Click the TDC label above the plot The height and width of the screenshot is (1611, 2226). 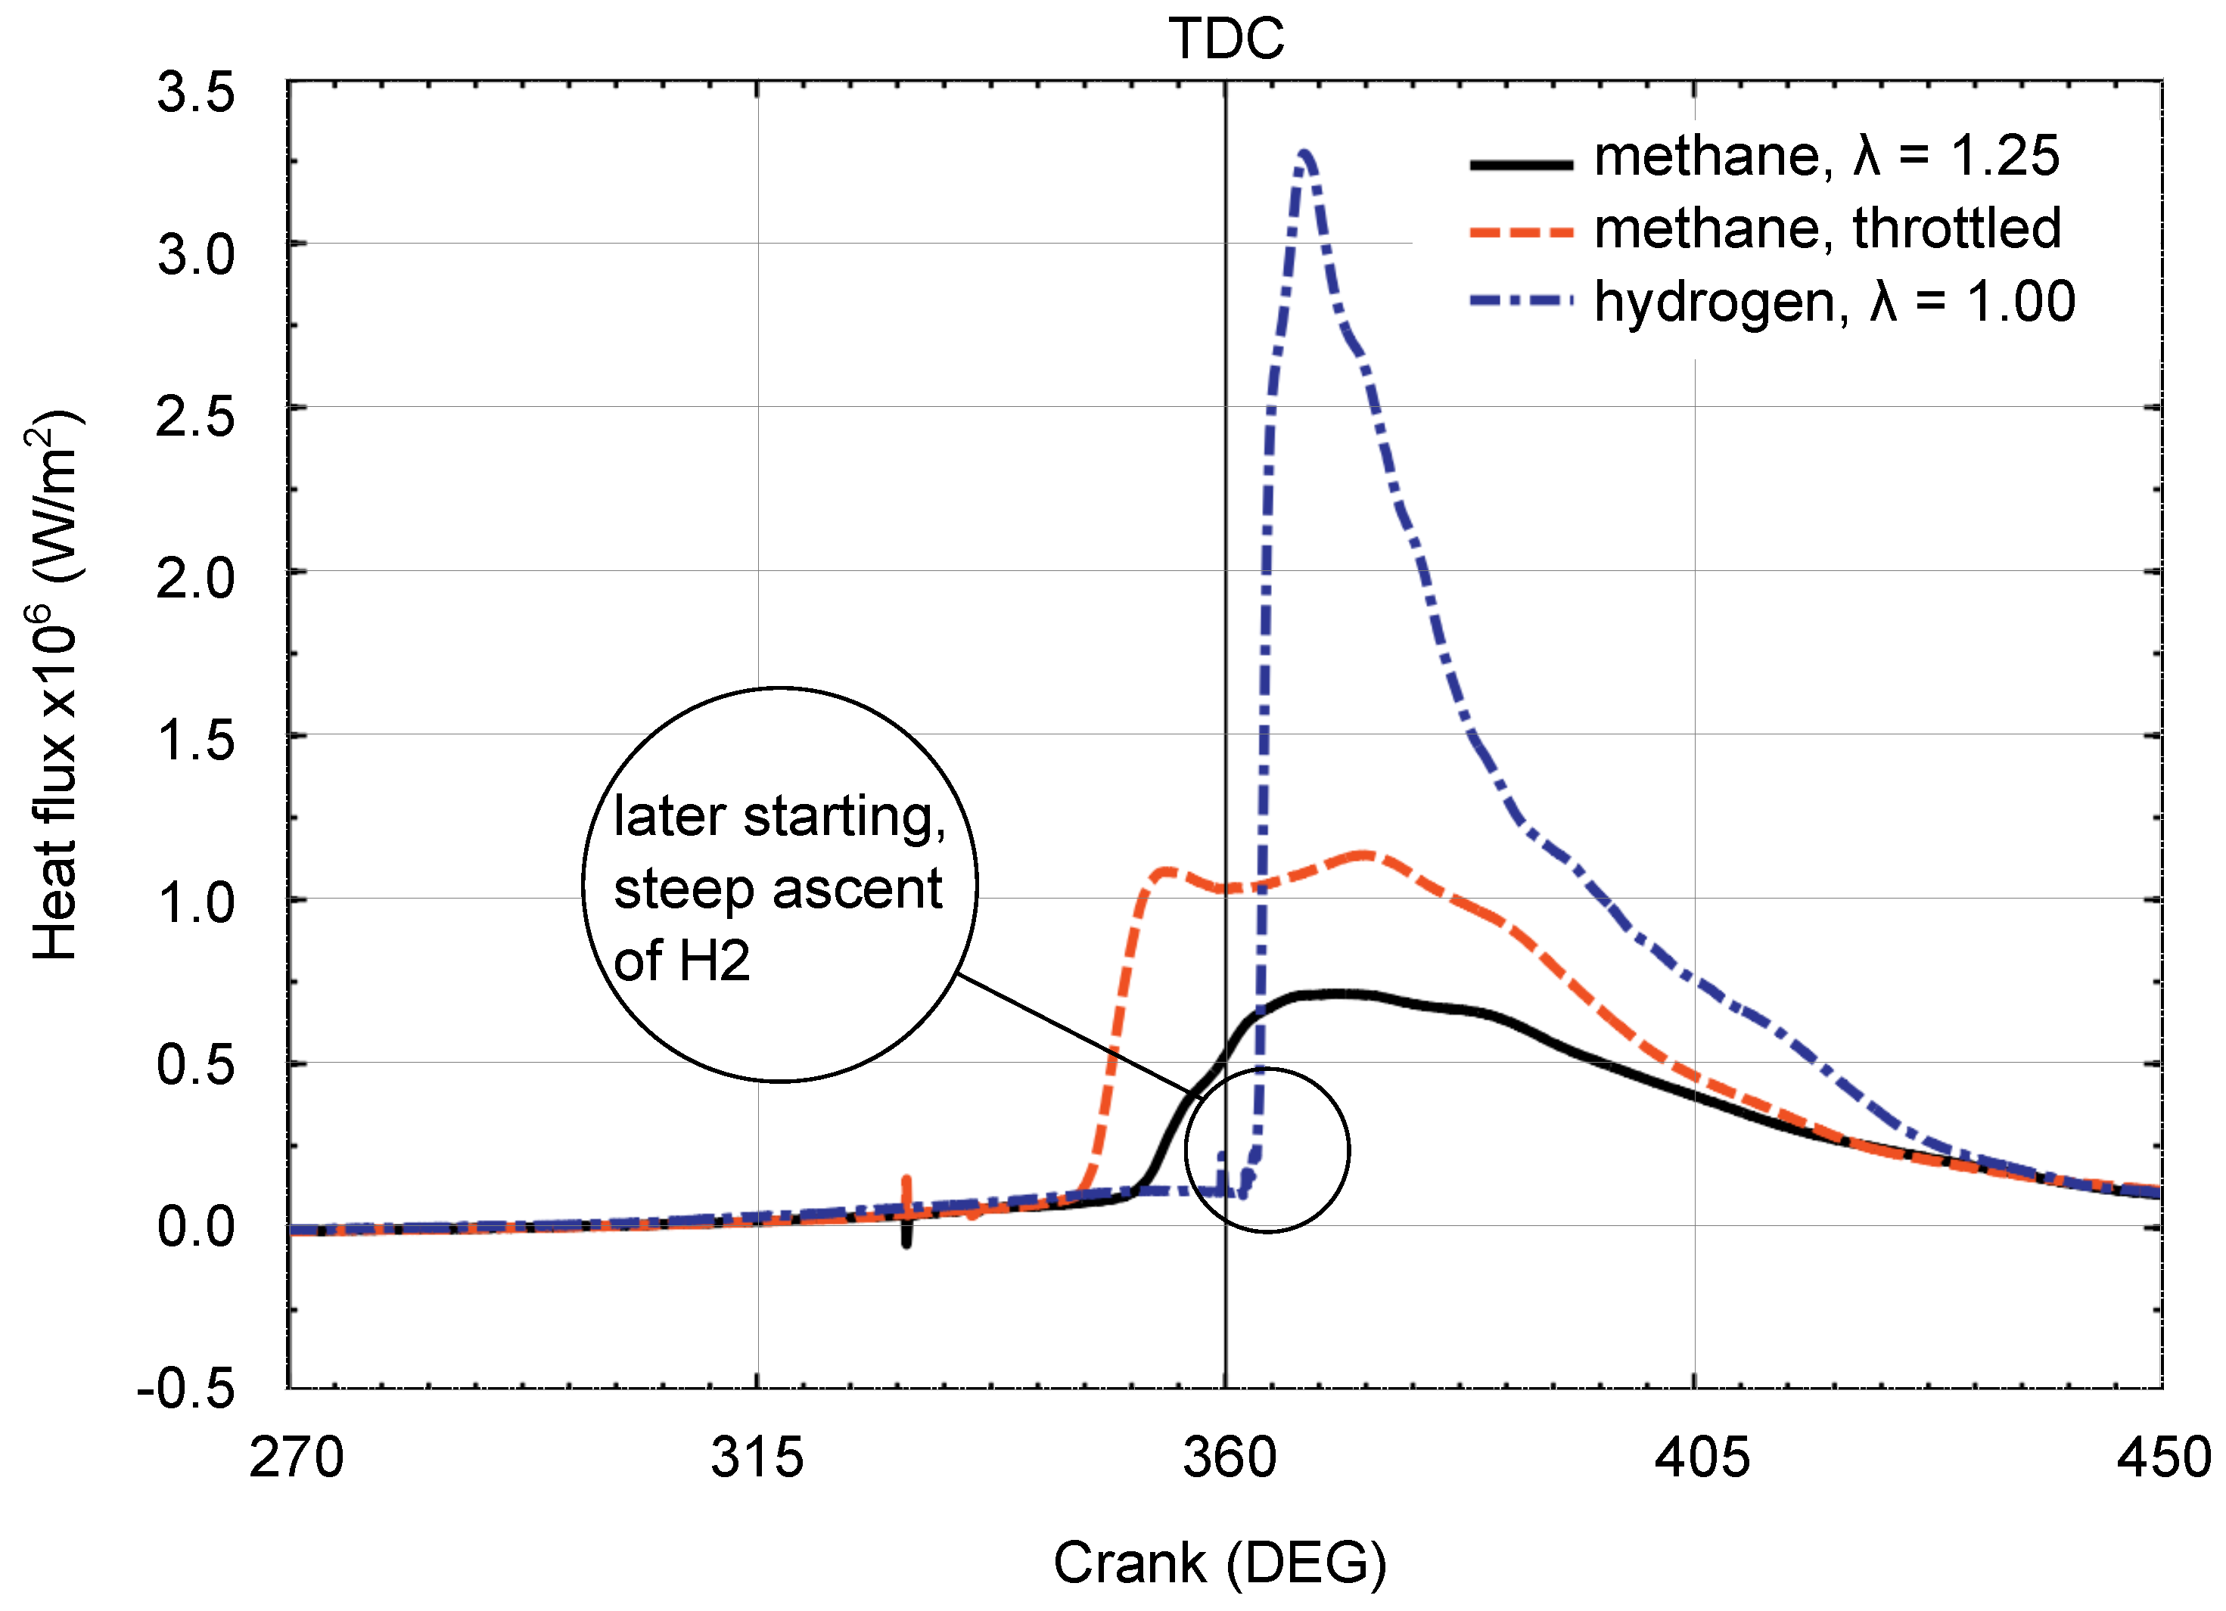[1226, 39]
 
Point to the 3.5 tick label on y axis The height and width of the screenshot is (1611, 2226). [195, 93]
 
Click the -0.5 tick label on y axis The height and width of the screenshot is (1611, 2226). [186, 1389]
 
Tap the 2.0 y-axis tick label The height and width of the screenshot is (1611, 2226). [195, 579]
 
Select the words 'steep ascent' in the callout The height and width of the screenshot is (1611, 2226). [777, 889]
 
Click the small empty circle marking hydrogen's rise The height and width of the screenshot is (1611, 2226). [1267, 1150]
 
